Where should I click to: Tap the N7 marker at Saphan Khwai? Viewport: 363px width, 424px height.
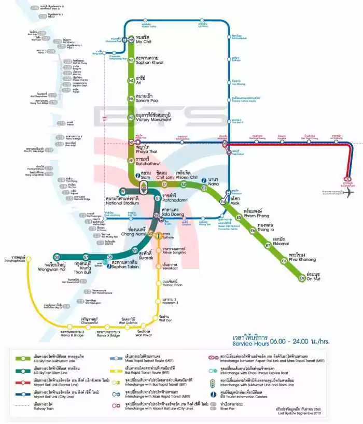(132, 60)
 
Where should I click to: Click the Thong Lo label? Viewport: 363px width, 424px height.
(267, 227)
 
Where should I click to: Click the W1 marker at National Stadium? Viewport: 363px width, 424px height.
(123, 191)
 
